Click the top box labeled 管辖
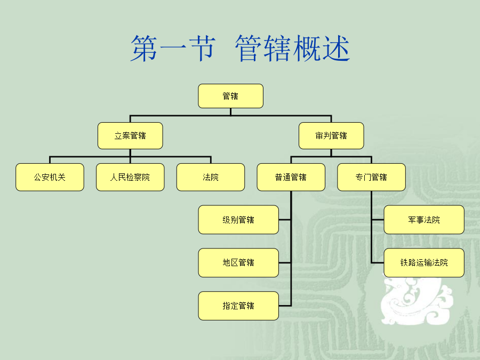[x=230, y=96]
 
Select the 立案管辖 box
[x=130, y=135]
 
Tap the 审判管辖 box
[x=331, y=135]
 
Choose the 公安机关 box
[x=50, y=177]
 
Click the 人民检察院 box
[x=130, y=177]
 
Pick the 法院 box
[x=211, y=177]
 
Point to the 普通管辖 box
[x=291, y=177]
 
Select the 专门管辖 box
[x=371, y=177]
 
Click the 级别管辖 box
[x=238, y=220]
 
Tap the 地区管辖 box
[x=238, y=262]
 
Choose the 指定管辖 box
[x=238, y=306]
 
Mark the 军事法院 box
[x=424, y=220]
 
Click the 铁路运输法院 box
[x=424, y=262]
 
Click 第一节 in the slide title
[x=172, y=49]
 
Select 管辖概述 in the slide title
[x=292, y=49]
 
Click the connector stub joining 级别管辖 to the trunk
[x=285, y=220]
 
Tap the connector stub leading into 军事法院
[x=378, y=220]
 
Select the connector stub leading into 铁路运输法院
[x=378, y=262]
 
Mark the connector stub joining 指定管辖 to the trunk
[x=285, y=306]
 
